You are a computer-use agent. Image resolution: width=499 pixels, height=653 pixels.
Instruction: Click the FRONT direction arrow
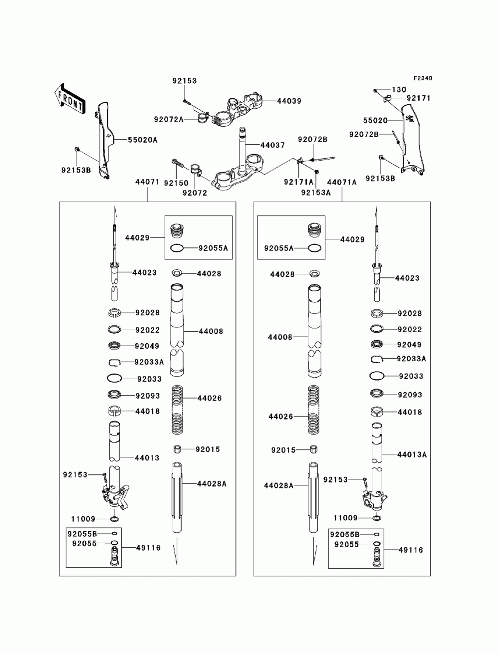pos(69,98)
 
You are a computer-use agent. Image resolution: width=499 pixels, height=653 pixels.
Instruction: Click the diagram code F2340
pos(422,78)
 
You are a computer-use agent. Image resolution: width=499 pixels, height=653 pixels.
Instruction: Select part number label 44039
pos(289,101)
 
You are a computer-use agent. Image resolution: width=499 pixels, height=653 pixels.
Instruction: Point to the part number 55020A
pos(143,140)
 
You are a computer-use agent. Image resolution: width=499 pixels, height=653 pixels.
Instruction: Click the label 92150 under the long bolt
pos(176,183)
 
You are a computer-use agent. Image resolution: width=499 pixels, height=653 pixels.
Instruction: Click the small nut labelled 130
pos(376,90)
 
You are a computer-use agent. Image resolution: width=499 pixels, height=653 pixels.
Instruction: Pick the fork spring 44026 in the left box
pos(177,410)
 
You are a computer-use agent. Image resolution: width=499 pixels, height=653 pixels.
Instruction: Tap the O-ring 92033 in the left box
pos(114,378)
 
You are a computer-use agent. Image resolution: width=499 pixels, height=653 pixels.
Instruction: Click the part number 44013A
pos(412,454)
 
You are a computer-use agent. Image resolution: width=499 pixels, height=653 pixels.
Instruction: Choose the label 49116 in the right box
pos(411,550)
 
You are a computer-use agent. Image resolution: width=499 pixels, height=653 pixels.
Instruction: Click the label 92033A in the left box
pos(149,362)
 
